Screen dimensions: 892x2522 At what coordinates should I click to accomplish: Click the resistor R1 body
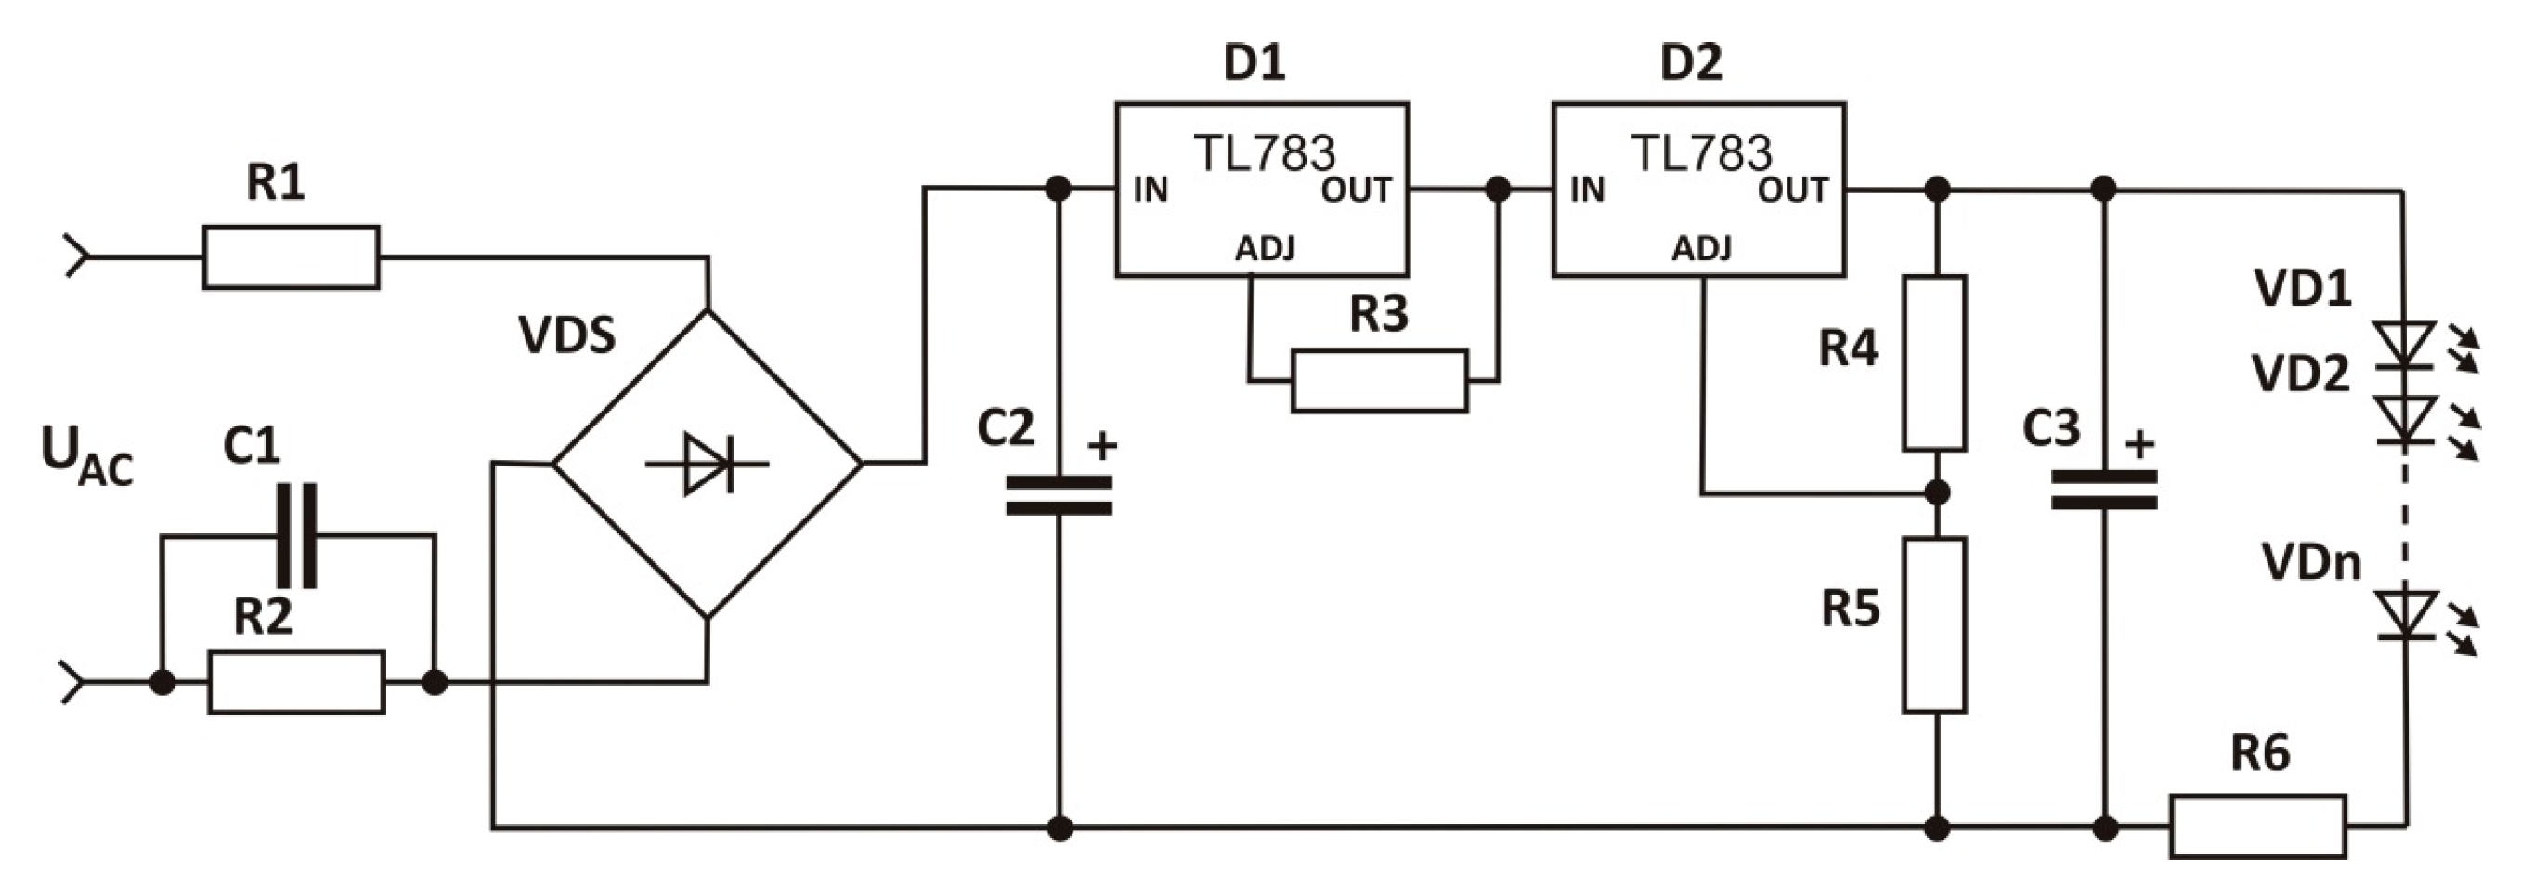tap(291, 257)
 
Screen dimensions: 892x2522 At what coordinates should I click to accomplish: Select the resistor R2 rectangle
tap(295, 682)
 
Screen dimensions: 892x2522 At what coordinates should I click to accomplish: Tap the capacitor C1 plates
tap(296, 534)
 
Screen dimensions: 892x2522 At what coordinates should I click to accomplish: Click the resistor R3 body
tap(1379, 381)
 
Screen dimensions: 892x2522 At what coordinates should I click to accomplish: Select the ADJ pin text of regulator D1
tap(1265, 249)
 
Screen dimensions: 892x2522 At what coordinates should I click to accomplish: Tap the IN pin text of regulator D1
tap(1150, 190)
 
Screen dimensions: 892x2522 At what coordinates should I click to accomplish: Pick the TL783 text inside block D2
tap(1700, 152)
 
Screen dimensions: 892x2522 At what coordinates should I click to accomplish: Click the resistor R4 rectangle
tap(1933, 363)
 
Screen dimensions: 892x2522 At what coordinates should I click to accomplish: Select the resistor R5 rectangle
tap(1933, 624)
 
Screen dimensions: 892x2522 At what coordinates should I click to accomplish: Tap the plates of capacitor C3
tap(2104, 490)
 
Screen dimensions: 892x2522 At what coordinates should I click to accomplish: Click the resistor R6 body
tap(2257, 826)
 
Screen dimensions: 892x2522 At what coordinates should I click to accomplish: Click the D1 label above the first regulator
tap(1254, 62)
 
